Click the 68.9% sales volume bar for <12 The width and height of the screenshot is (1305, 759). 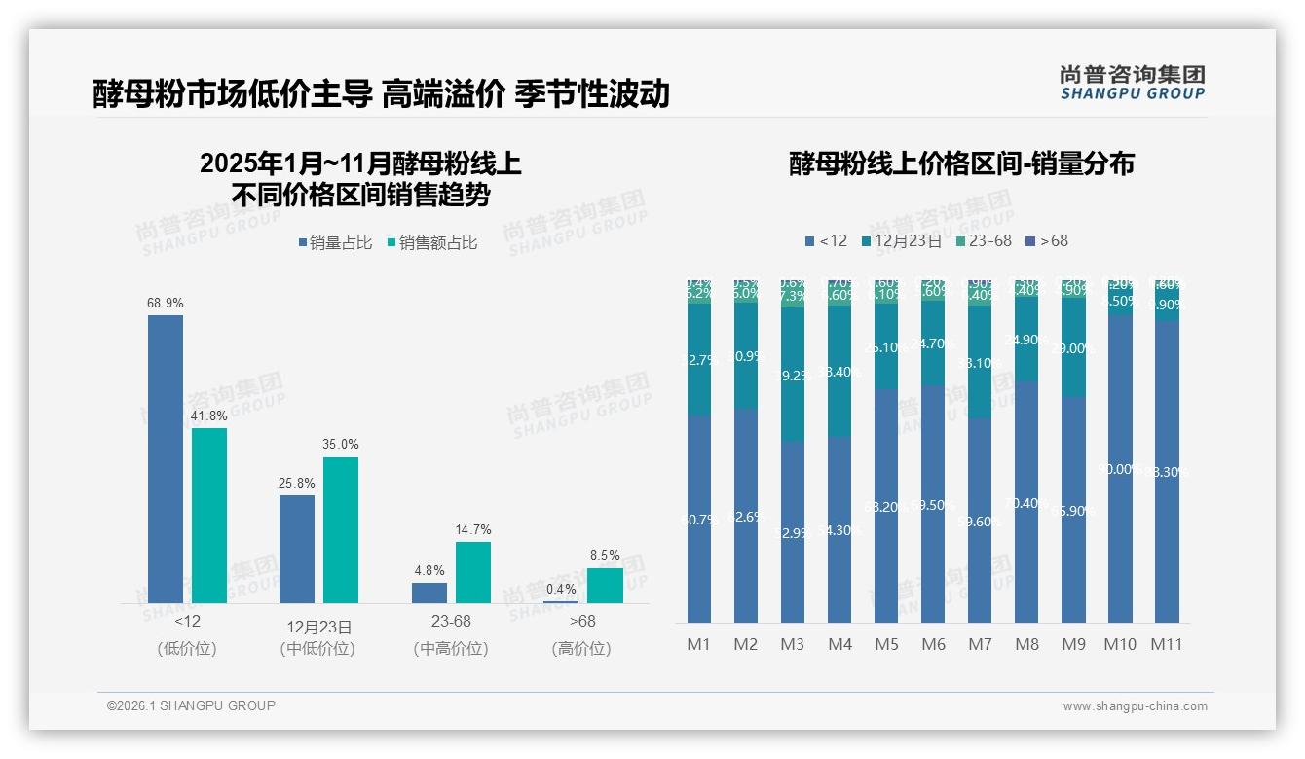pos(166,458)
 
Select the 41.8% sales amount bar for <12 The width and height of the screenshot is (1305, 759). pos(209,515)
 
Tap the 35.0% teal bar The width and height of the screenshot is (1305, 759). pos(341,529)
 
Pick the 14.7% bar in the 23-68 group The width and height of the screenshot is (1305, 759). pos(473,572)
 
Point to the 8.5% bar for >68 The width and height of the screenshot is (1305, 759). pos(605,585)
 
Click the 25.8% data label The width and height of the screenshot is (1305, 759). pos(296,483)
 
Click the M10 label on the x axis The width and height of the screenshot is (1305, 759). pos(1120,644)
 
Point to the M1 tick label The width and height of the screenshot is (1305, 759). pos(699,644)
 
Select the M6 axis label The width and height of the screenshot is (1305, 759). pos(933,644)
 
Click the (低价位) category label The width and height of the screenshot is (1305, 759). pos(187,648)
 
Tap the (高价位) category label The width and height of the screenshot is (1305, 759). pos(581,648)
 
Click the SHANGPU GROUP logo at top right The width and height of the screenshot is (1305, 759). pos(1132,83)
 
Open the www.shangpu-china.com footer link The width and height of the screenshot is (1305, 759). pos(1135,706)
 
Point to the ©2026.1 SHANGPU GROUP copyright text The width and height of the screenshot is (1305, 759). pos(191,705)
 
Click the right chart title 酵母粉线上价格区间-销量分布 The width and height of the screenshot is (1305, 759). pos(961,163)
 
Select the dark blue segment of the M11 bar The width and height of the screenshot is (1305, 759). pos(1167,472)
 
